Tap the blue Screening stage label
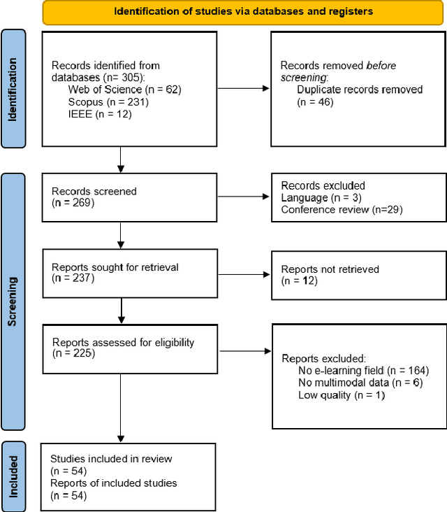(13, 302)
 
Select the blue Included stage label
(13, 475)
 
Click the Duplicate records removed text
(359, 90)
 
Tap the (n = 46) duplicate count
(315, 101)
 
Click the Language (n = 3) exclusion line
(314, 198)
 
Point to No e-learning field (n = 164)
(362, 370)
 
